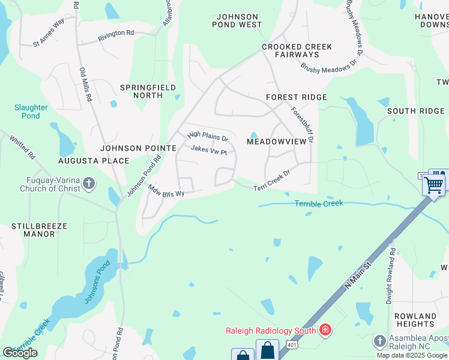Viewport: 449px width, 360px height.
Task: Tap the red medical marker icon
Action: pos(325,329)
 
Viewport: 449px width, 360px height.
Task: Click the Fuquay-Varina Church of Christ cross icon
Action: pos(88,184)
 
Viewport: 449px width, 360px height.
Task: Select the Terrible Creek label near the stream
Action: pos(319,204)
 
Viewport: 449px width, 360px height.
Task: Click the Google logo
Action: pos(20,352)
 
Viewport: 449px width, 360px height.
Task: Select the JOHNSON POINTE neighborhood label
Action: pos(139,148)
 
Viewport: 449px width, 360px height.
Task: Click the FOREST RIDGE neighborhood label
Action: pos(297,97)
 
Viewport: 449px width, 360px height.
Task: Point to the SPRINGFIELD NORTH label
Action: pos(148,91)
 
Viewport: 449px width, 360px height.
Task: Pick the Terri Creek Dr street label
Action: pos(271,181)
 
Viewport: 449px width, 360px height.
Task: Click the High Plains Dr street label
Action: pos(208,137)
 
